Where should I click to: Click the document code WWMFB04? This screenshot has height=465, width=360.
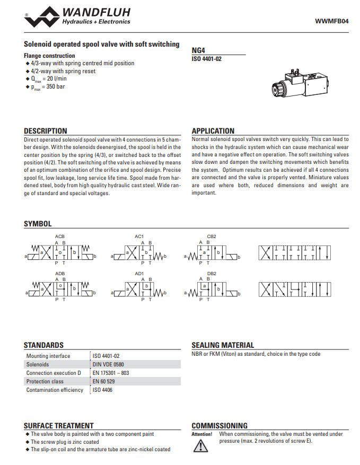pos(332,21)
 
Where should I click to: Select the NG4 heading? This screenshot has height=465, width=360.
pos(198,51)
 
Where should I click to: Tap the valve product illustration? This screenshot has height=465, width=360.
pos(297,83)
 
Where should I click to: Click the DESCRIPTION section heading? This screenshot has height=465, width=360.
pos(46,131)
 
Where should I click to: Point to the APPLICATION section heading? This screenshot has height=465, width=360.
pos(213,131)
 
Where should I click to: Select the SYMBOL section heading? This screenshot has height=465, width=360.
pos(38,224)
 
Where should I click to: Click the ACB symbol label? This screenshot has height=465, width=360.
pos(60,236)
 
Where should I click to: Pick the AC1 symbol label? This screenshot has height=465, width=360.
pos(139,236)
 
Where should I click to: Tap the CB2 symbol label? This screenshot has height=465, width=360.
pos(212,236)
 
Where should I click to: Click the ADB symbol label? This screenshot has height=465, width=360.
pos(60,274)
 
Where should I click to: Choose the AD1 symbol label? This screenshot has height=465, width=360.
pos(139,274)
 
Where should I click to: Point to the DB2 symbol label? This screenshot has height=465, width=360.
pos(212,274)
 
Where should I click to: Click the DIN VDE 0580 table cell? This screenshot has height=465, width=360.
pos(109,364)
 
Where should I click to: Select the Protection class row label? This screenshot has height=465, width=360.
pos(45,381)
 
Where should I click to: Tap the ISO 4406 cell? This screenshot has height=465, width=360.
pos(102,390)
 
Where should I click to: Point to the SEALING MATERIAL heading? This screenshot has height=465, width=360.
pos(223,345)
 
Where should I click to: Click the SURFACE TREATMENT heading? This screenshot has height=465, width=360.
pos(58,426)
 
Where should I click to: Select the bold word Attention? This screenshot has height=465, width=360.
pos(201,434)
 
